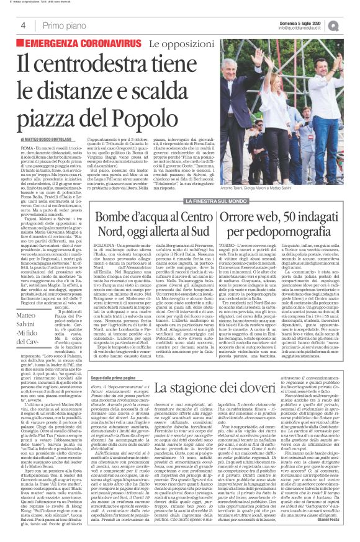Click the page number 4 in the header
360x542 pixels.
pyautogui.click(x=23, y=25)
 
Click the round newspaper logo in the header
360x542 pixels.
pyautogui.click(x=351, y=25)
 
